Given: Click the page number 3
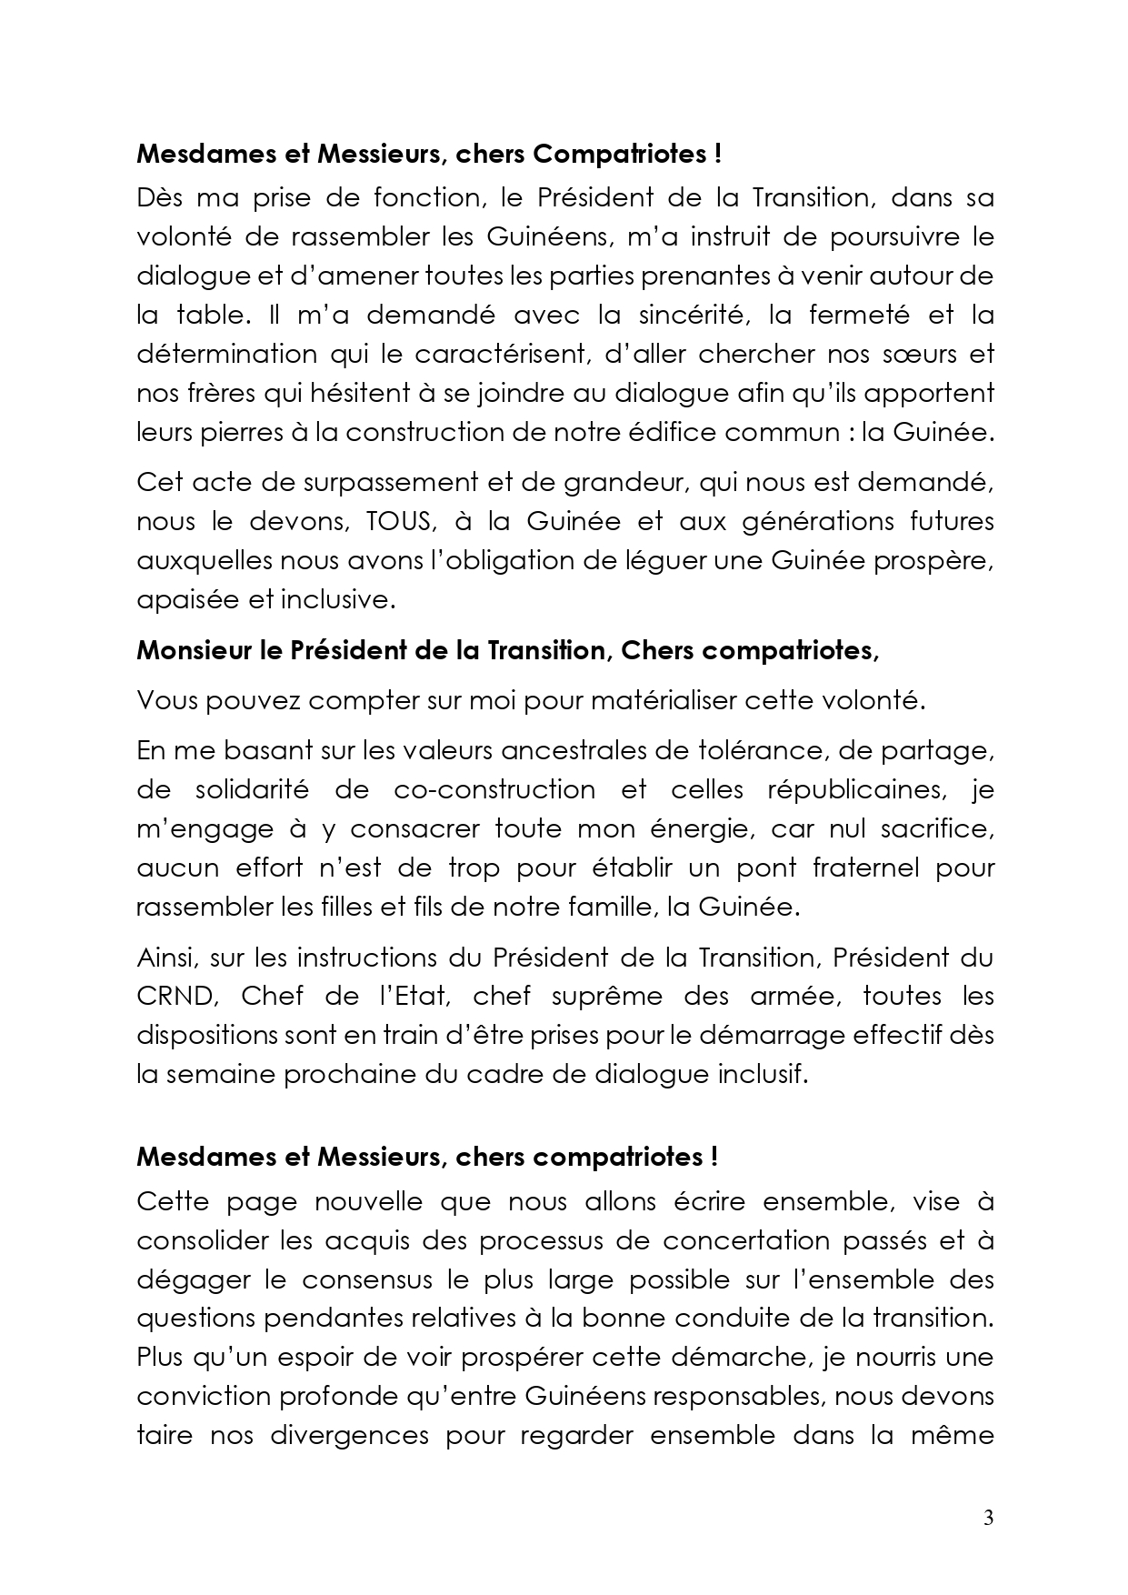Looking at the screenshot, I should (988, 1519).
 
